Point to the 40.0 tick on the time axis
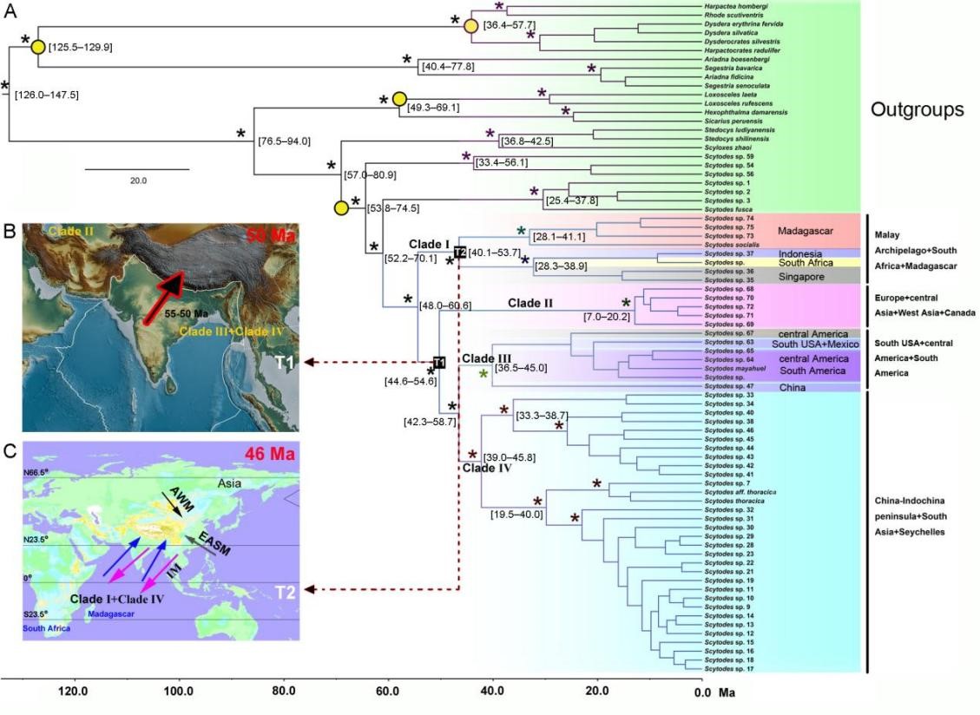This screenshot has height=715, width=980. [x=492, y=692]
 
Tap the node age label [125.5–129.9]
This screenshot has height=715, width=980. [x=81, y=47]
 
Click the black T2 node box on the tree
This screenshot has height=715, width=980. [x=459, y=252]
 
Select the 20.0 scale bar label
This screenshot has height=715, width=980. [x=138, y=180]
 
